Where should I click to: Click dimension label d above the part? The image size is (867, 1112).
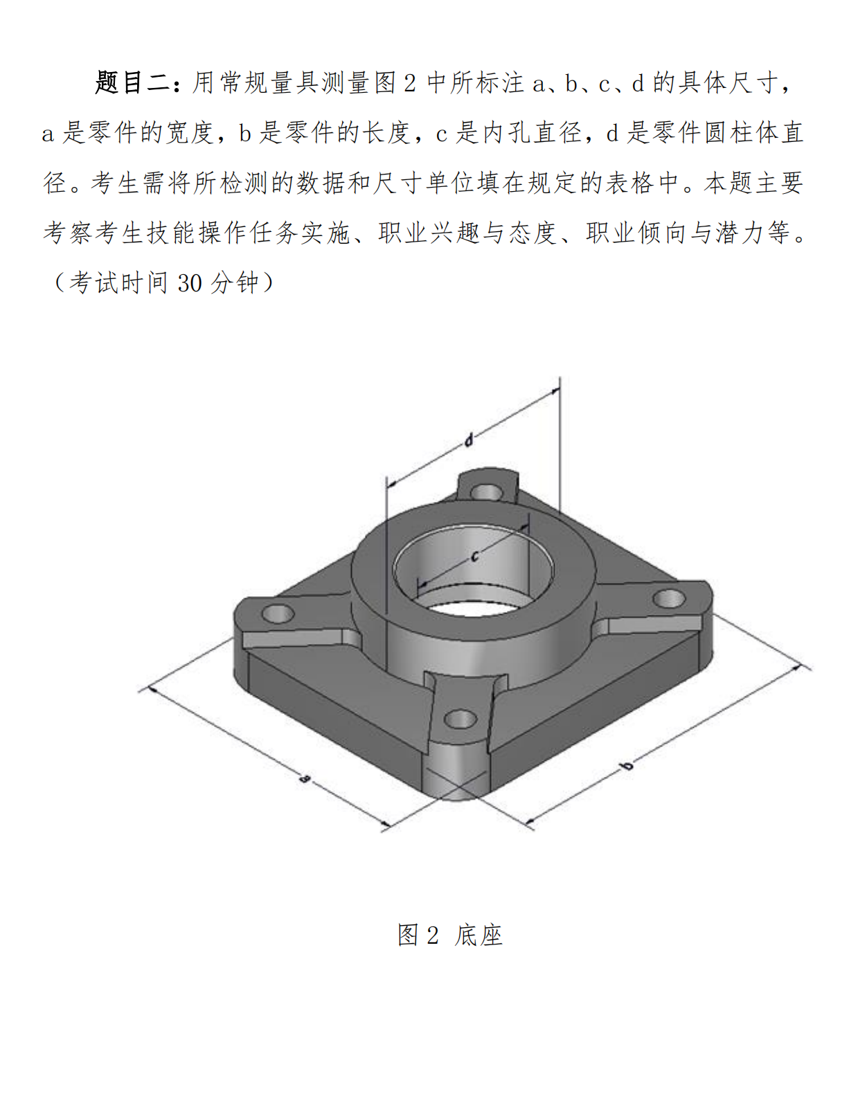(468, 440)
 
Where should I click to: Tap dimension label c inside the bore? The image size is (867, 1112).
(475, 555)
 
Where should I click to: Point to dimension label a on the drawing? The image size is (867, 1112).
(305, 779)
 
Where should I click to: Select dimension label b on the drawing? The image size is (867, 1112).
(627, 765)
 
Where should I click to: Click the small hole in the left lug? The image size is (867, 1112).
(278, 613)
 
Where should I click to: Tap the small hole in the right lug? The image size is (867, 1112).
(669, 598)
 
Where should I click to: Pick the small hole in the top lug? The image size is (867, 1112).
(487, 492)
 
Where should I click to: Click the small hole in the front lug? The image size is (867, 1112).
(460, 719)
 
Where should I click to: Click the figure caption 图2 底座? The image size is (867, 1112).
(449, 935)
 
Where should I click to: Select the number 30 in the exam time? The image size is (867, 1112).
(189, 283)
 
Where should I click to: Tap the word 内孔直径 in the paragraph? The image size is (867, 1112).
(532, 132)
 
